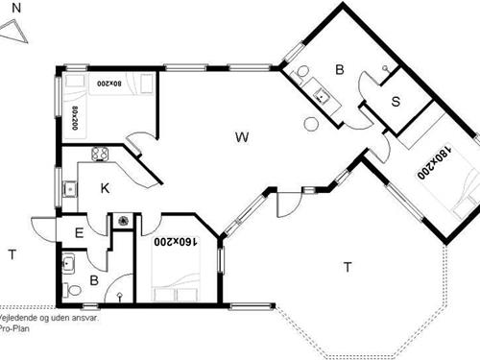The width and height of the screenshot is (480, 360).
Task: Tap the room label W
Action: tap(242, 137)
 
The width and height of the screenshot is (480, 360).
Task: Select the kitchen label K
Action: tap(106, 188)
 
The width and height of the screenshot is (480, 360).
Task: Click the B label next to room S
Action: tap(339, 69)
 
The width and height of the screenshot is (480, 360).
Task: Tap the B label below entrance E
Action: tap(94, 280)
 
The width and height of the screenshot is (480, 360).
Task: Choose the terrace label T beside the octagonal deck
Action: tap(348, 268)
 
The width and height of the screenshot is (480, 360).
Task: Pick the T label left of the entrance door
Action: tap(12, 254)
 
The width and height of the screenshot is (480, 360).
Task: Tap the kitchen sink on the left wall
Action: tap(68, 189)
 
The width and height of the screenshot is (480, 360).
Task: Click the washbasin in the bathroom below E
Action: tap(69, 261)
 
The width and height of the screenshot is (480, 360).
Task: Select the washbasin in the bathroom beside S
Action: tap(321, 94)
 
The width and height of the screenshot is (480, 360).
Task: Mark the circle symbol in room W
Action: tap(309, 123)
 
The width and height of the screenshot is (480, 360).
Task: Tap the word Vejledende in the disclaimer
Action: tap(19, 315)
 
